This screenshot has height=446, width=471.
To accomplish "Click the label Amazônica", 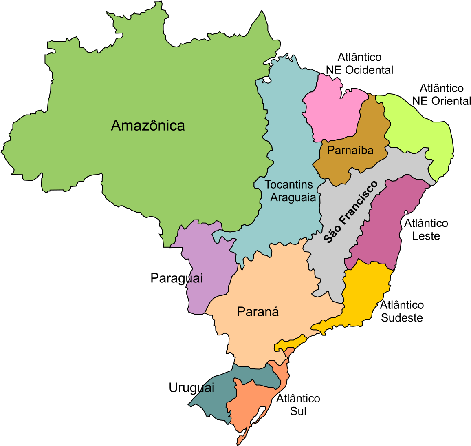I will coord(147,126).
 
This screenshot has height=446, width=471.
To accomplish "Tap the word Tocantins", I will coord(288,185).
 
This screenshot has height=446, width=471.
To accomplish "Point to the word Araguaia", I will coord(293,198).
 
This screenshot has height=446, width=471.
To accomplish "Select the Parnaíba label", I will coord(350,151).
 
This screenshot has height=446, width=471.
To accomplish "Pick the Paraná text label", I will coord(258,312).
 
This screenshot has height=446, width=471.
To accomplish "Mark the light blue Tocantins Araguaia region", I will coord(285,135).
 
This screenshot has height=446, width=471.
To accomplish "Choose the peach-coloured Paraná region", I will coord(269,286).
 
